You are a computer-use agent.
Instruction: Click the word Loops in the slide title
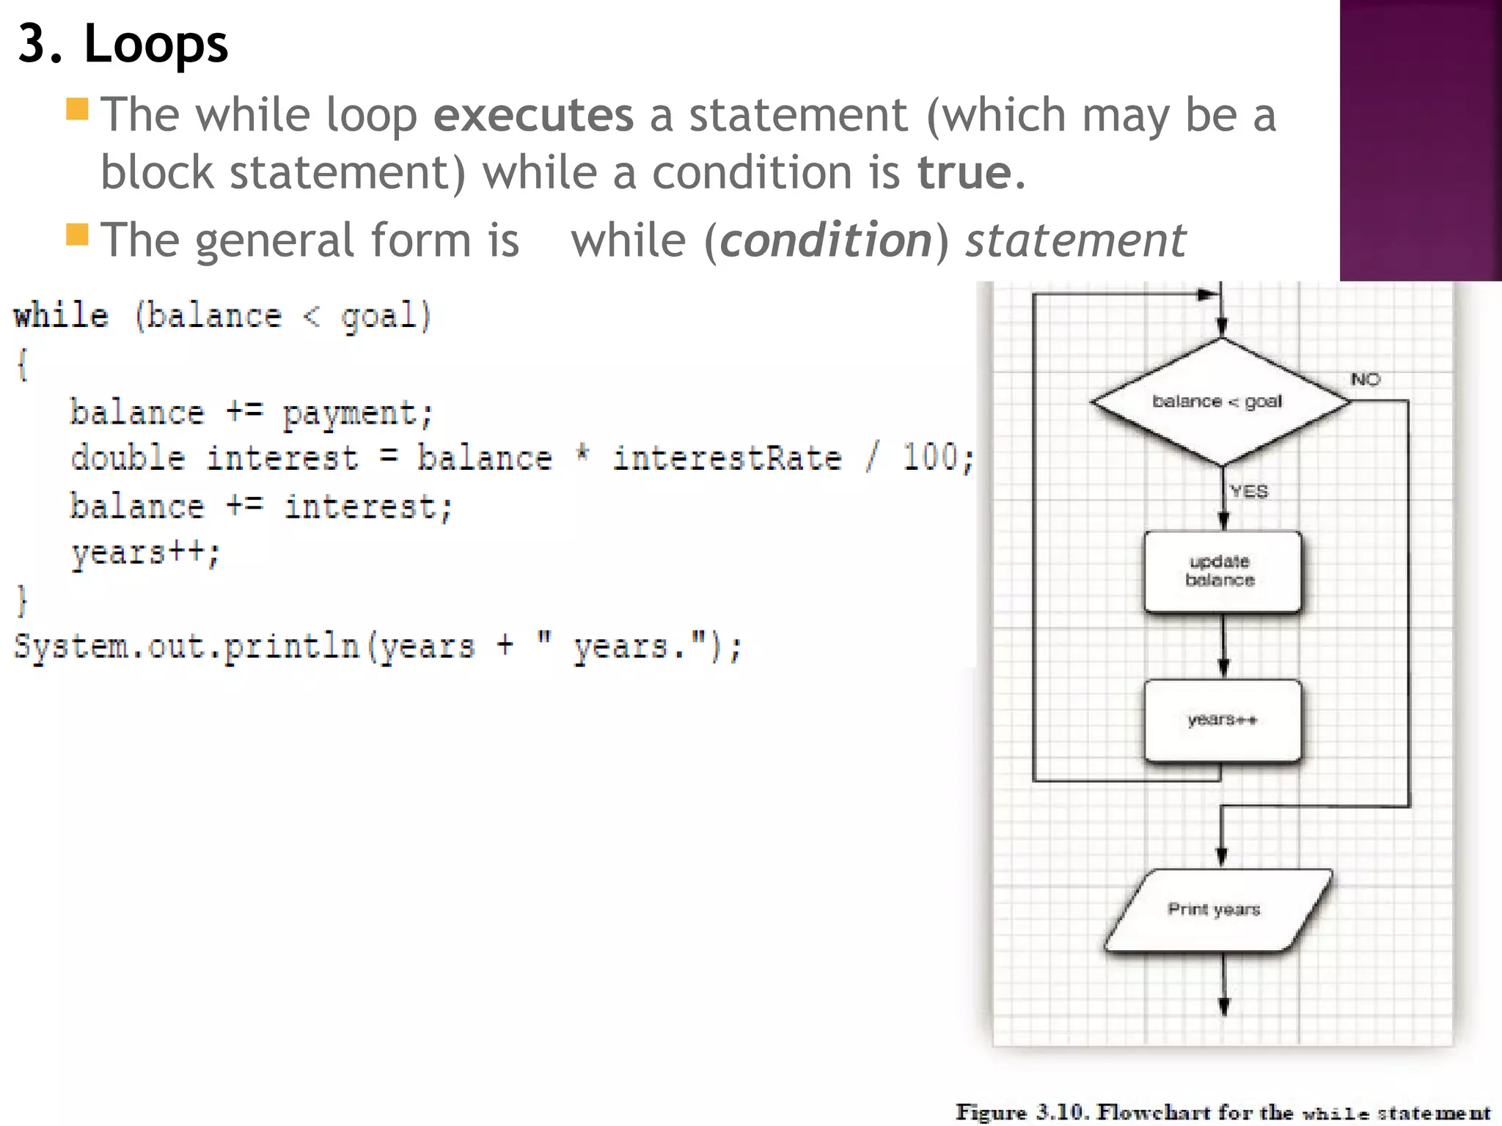pos(155,44)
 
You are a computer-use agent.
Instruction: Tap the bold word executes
pos(533,116)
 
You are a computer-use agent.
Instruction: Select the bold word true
pos(964,173)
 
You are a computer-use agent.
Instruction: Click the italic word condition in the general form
pos(826,240)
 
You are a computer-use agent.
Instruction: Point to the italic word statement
pos(1075,240)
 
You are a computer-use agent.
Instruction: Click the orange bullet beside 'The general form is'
pos(77,235)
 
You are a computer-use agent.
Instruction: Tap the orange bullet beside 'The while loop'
pos(77,109)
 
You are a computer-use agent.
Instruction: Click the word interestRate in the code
pos(727,459)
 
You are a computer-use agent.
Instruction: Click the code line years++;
pos(145,553)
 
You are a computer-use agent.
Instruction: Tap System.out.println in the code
pos(186,647)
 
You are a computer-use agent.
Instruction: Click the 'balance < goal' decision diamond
pos(1220,401)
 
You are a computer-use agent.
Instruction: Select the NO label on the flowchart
pos(1365,379)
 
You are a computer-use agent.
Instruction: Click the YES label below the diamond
pos(1249,491)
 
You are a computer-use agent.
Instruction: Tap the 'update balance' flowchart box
pos(1223,571)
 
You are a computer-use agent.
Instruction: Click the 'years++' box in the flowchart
pos(1223,721)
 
